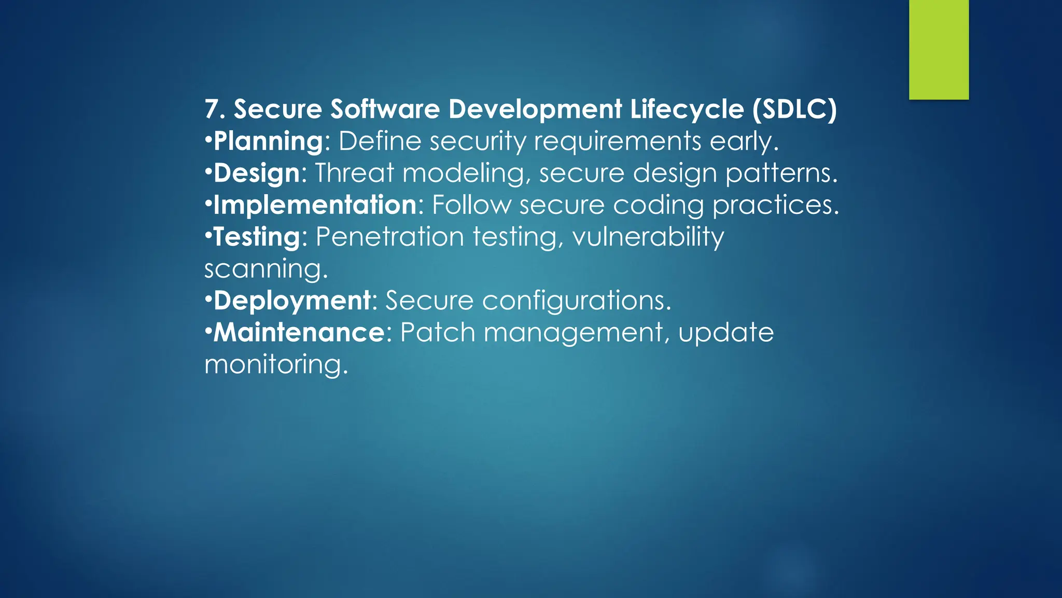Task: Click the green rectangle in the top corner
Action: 939,49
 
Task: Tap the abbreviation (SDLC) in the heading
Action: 794,109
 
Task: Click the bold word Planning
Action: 269,141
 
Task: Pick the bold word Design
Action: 257,173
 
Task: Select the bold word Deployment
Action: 292,301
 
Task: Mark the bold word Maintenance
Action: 299,332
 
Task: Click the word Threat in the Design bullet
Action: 354,173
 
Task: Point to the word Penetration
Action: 389,237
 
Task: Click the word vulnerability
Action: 648,237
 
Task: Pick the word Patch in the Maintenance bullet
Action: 438,332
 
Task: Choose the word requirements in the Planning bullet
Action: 618,141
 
